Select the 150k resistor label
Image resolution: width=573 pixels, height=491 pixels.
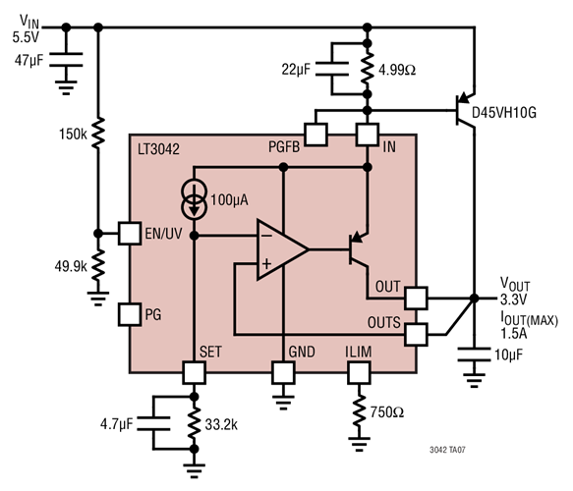(x=72, y=134)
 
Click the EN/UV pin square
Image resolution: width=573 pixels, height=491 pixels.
(x=130, y=234)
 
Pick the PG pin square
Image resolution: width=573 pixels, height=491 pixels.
(x=130, y=314)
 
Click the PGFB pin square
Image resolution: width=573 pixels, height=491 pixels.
(x=316, y=133)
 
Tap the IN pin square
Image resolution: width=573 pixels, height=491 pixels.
(x=368, y=133)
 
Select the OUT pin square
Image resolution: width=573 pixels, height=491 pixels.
(x=417, y=297)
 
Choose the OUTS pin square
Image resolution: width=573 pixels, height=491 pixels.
(x=417, y=334)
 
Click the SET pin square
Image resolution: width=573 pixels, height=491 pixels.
(x=194, y=373)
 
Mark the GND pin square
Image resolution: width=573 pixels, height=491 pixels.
(x=283, y=373)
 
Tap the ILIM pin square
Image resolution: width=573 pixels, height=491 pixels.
(x=360, y=373)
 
